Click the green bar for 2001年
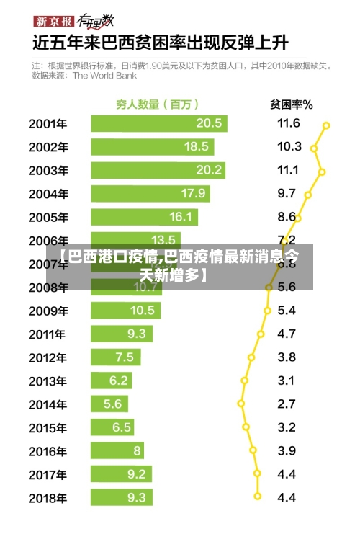point(158,123)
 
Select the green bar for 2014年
point(109,404)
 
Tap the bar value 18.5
point(197,146)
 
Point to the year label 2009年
point(48,311)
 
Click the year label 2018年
point(48,497)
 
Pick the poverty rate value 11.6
point(289,123)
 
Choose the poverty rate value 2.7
point(287,404)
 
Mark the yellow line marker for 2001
point(326,125)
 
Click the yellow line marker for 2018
point(258,497)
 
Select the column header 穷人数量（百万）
point(158,104)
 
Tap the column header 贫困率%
point(291,104)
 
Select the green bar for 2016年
point(117,450)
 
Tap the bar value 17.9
point(193,193)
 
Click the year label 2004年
point(48,194)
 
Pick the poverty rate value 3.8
point(287,357)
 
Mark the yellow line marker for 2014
point(241,404)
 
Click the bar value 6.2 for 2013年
point(119,381)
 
